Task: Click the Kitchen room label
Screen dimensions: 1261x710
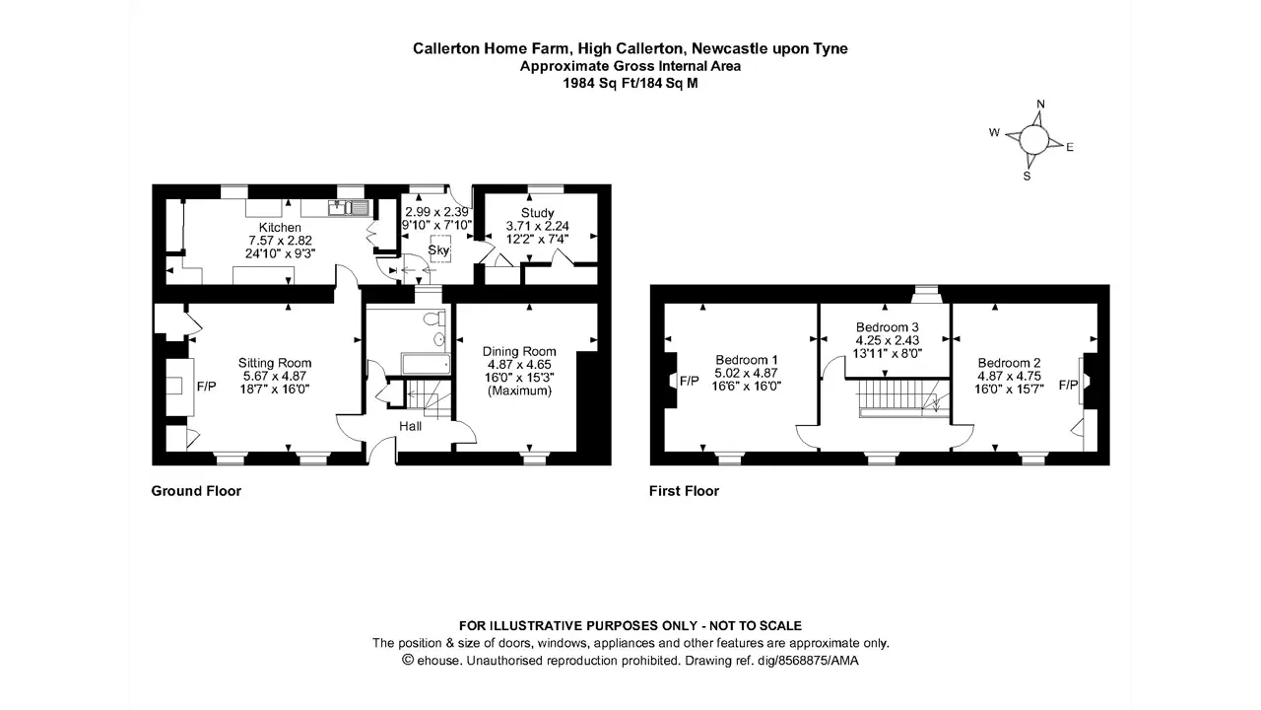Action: click(280, 228)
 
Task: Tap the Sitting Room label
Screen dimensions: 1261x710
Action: click(275, 363)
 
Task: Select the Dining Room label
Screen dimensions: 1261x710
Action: click(519, 352)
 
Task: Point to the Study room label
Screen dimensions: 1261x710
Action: click(537, 213)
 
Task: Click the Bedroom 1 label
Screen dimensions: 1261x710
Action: click(747, 360)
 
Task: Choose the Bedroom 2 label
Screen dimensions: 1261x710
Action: click(1009, 363)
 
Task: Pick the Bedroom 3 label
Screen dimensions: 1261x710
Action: click(888, 326)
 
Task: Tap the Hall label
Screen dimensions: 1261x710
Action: click(411, 427)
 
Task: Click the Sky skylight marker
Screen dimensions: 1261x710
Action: click(439, 249)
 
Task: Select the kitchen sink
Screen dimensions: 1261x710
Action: click(349, 208)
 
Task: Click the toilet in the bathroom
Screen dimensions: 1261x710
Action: click(434, 319)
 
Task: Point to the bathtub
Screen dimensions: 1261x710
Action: click(426, 364)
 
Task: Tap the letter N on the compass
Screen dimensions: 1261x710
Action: click(1041, 105)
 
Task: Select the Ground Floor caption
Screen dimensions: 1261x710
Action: click(196, 491)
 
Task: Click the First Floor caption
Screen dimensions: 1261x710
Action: click(684, 491)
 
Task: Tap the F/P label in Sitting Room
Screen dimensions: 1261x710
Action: click(206, 387)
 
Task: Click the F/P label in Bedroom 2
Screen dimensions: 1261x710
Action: click(1068, 385)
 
